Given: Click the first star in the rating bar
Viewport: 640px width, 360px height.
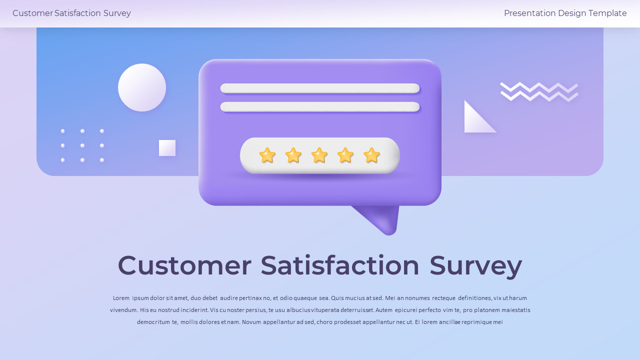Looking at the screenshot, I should pos(267,155).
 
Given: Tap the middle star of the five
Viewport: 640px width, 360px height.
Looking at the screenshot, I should pos(319,155).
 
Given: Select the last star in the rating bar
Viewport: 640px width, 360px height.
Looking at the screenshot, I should pos(371,155).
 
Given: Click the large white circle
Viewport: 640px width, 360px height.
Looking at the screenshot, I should pos(142,87).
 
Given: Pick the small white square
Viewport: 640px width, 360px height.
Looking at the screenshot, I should pos(167,148).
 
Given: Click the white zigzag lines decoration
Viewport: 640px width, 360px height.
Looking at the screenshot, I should pos(539,91).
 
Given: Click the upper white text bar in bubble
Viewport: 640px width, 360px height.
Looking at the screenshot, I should pos(320,88).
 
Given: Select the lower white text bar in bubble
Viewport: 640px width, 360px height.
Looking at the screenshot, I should pos(320,107).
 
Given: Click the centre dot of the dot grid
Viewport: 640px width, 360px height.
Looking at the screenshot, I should pos(82,145).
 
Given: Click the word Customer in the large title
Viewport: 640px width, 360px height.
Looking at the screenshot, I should pos(184,265).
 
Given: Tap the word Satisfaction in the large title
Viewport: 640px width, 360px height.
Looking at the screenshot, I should pos(340,265).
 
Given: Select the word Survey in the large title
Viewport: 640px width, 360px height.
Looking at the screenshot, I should pos(475,265).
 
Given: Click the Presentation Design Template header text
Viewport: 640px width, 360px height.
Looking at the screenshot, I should pos(565,13).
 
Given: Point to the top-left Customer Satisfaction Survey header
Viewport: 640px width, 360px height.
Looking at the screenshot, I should pos(71,13).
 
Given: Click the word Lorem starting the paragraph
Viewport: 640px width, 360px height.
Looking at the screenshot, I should pos(121,298).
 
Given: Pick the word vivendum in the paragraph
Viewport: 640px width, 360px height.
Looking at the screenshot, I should pos(123,310).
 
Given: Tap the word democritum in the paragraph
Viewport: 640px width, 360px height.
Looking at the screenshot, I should pos(153,322).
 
